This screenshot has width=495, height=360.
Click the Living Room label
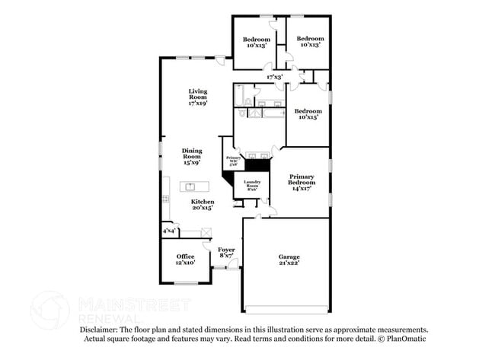198,97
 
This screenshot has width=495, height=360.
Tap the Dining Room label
191,157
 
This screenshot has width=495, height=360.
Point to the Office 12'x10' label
185,260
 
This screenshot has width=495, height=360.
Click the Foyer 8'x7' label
226,253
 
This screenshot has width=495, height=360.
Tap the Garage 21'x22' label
289,260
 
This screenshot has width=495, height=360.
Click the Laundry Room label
252,186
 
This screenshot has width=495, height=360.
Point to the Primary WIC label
233,161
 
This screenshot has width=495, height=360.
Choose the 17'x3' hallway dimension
274,77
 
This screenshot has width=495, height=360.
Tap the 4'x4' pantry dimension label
168,231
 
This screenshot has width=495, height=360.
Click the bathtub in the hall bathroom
241,98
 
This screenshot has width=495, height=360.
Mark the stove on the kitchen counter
165,199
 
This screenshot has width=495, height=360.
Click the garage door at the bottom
286,309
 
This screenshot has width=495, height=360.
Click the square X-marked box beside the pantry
206,234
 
